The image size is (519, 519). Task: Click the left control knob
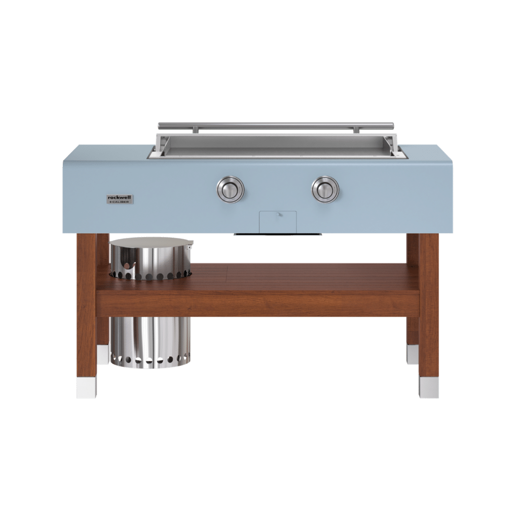pos(231,190)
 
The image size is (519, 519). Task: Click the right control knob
pos(325,190)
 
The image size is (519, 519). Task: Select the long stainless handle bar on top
pos(276,125)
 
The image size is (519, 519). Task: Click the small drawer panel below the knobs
pos(278,222)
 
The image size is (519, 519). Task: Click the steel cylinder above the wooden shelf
pos(151,258)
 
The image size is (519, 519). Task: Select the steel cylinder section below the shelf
pos(151,343)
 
